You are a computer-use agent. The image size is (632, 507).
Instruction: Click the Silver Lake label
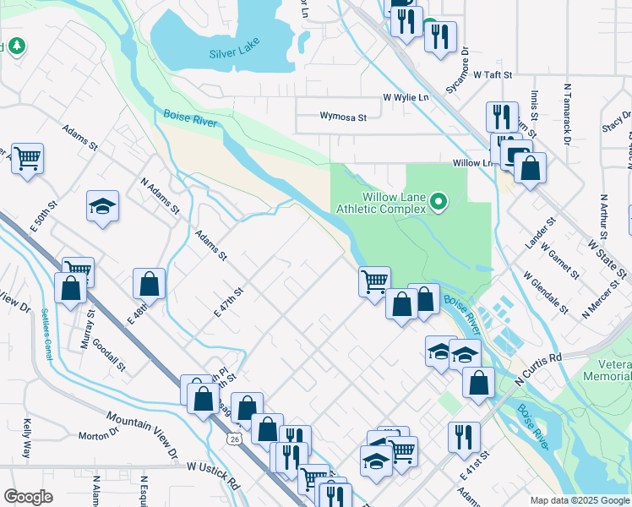click(x=233, y=54)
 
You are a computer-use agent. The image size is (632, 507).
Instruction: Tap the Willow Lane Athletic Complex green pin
click(x=438, y=202)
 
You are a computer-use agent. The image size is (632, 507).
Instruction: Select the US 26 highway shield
click(x=233, y=439)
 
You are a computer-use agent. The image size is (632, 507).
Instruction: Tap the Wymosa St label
click(x=343, y=117)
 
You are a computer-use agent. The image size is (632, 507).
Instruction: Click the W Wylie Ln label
click(x=406, y=98)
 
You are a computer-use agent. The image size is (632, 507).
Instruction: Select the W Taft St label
click(x=493, y=74)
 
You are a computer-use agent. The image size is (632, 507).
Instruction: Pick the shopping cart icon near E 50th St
click(x=27, y=157)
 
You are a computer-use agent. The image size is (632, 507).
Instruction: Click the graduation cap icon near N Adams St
click(x=102, y=206)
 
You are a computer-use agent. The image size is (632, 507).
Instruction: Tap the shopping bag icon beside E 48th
click(x=149, y=283)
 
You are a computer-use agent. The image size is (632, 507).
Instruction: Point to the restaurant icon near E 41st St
click(x=464, y=437)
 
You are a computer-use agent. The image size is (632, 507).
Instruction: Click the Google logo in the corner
click(x=28, y=497)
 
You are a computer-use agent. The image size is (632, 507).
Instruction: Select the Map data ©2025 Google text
click(x=579, y=500)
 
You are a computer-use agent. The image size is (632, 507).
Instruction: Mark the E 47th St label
click(x=229, y=302)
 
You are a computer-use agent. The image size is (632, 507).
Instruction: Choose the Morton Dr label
click(x=98, y=434)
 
